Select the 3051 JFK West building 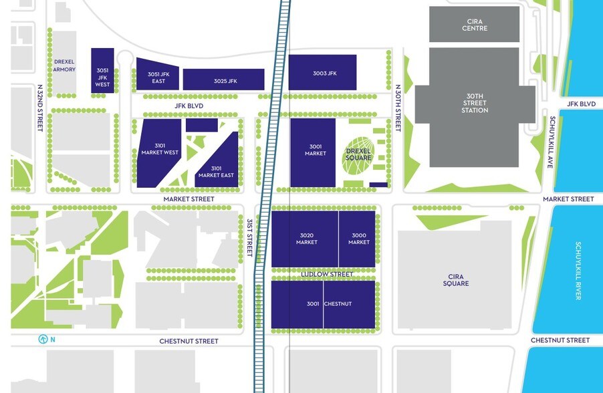102,70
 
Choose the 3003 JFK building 322,72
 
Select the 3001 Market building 313,152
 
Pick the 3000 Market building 358,239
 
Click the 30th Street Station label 475,103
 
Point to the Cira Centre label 475,25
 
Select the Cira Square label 455,280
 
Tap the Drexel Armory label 65,65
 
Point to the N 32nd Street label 40,107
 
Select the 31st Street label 249,237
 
